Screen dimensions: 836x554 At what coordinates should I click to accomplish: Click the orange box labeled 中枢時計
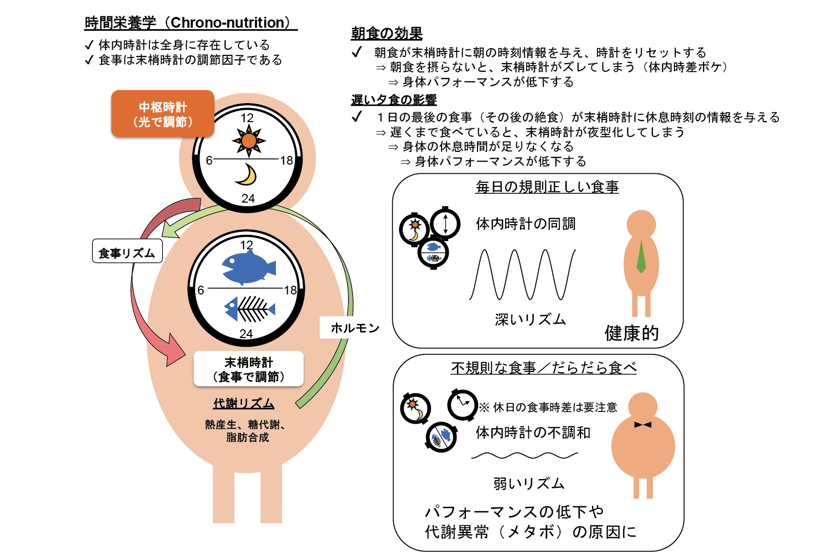click(x=163, y=113)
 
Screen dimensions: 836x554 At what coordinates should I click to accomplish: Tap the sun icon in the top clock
click(x=249, y=141)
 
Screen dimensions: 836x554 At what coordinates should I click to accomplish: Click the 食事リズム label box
click(x=127, y=251)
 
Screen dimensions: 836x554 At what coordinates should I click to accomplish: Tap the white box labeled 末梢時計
click(x=249, y=369)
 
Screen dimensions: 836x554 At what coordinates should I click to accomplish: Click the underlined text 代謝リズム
click(x=244, y=404)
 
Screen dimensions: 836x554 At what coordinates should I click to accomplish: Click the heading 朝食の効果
click(x=387, y=33)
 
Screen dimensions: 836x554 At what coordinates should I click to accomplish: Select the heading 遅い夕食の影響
click(x=394, y=100)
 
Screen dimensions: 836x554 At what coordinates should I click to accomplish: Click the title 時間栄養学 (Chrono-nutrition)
click(x=191, y=23)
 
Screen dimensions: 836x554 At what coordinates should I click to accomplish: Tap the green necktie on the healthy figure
click(x=641, y=257)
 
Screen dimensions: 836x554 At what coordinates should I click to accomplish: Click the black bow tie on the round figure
click(x=643, y=424)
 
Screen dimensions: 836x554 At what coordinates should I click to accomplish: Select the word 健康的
click(x=631, y=333)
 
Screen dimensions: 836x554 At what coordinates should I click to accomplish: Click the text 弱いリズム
click(x=529, y=483)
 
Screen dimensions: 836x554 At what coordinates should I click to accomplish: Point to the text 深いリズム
click(x=530, y=320)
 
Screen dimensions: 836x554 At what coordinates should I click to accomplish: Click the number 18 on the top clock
click(x=287, y=161)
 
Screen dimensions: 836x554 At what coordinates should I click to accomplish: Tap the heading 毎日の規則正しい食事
click(x=547, y=187)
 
